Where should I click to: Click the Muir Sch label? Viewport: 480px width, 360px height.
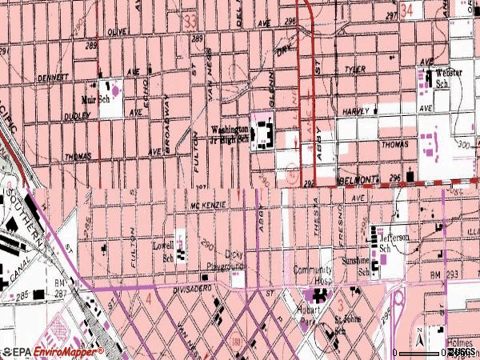pyautogui.click(x=94, y=100)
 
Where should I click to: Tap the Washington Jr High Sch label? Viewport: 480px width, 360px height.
pyautogui.click(x=230, y=134)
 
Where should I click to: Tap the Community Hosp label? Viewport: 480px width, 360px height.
pyautogui.click(x=312, y=274)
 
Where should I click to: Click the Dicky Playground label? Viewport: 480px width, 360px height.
pyautogui.click(x=234, y=260)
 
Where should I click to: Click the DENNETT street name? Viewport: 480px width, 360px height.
pyautogui.click(x=53, y=78)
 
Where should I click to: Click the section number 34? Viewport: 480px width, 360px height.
pyautogui.click(x=408, y=10)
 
